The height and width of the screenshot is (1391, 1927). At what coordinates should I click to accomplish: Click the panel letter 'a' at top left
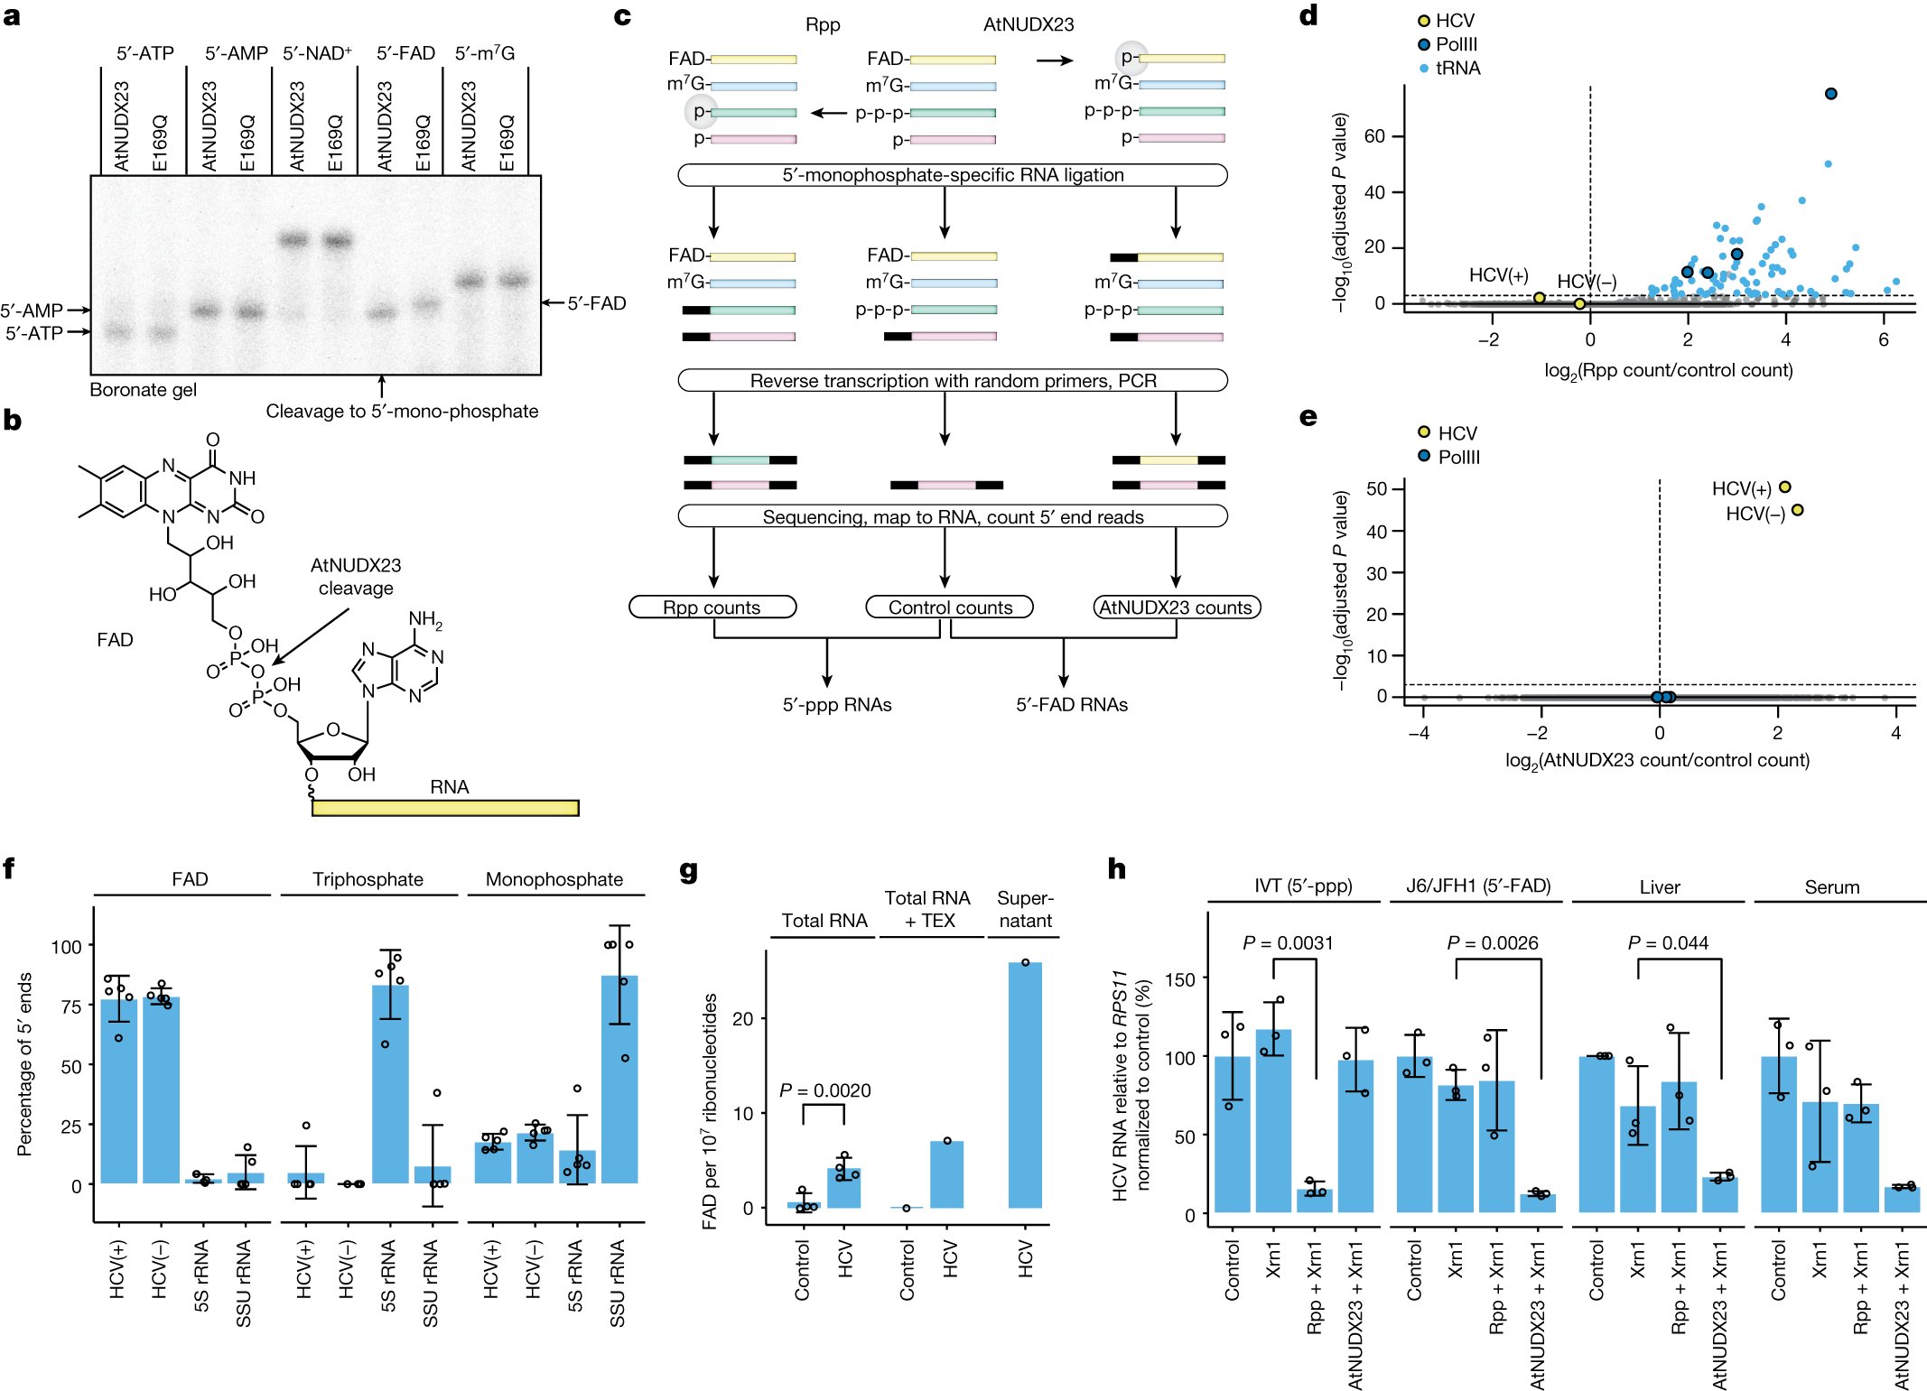point(11,16)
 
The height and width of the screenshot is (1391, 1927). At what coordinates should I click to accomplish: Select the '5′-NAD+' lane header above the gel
point(317,53)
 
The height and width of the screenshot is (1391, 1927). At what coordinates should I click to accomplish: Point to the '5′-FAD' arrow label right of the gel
point(596,303)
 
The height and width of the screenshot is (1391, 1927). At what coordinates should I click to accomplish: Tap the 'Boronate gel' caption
point(143,390)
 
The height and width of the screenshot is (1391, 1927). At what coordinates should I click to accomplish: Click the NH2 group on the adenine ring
point(424,619)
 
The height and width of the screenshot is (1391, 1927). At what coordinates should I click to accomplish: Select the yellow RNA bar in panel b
point(445,807)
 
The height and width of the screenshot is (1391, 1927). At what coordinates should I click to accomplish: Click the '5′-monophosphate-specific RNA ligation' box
point(953,175)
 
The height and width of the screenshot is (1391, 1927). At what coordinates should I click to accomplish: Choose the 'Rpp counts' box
point(712,607)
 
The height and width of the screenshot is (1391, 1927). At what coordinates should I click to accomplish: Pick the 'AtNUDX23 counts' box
point(1176,607)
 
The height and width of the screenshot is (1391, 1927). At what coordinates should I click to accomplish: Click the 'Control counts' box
point(950,607)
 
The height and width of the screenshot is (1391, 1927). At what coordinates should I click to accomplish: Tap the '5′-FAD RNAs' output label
point(1072,705)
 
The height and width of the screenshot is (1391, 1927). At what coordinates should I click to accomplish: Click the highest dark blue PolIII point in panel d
point(1830,94)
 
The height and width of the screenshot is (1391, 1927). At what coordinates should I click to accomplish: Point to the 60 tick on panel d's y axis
point(1374,136)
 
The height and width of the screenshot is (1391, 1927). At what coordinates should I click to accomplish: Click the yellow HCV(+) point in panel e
point(1784,487)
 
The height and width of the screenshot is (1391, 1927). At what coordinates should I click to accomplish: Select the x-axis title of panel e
point(1657,760)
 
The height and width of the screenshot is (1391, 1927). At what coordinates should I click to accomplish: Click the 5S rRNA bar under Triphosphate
point(390,1083)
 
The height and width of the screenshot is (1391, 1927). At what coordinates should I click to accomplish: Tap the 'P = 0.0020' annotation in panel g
point(824,1090)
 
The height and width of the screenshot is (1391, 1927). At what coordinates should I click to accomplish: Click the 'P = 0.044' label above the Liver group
point(1668,943)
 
